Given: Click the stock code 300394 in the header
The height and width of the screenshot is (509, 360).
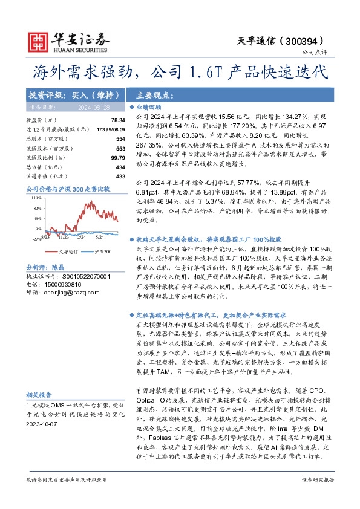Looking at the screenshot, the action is point(312,41).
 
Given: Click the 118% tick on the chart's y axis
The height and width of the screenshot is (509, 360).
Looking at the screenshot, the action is point(36,198).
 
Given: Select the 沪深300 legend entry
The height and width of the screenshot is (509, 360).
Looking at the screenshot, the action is point(100,250).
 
